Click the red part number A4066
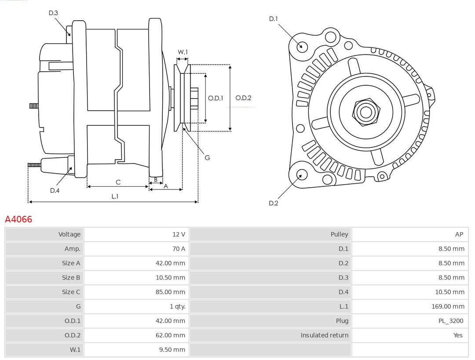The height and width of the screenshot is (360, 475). point(18,219)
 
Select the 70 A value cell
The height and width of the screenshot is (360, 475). point(179,249)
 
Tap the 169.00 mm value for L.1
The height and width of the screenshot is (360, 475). point(448,306)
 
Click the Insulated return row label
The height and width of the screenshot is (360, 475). point(324,335)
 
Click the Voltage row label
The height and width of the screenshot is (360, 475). point(69,234)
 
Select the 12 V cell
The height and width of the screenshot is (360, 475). point(179,234)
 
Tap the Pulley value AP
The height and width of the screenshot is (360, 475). point(459,234)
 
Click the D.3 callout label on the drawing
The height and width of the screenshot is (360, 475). point(53,13)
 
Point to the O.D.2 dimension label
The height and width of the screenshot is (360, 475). point(243,98)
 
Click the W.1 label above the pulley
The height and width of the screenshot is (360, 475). point(183,52)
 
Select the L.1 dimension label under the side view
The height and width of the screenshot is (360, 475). point(114,196)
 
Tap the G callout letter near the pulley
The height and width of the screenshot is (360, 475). point(207,157)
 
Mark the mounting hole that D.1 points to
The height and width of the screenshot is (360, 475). point(302,46)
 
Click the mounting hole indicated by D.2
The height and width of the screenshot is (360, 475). point(301,175)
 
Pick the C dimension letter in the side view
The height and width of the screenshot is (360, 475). point(118,182)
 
